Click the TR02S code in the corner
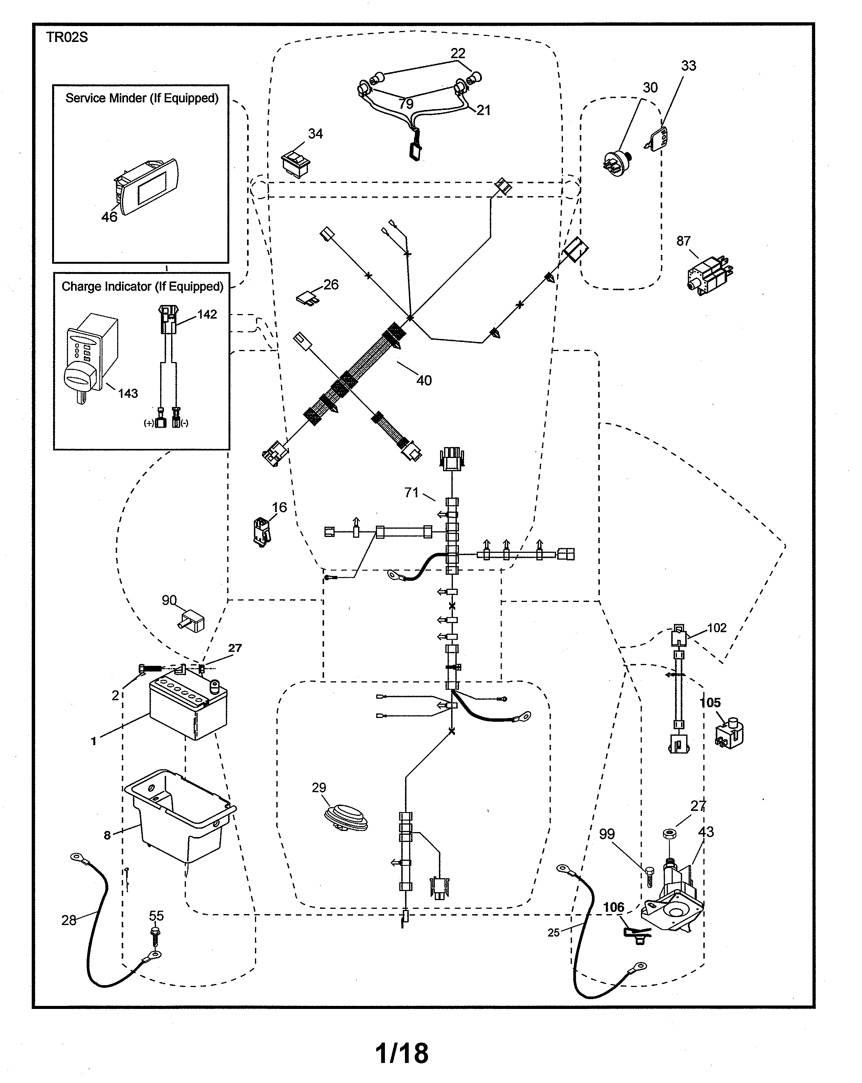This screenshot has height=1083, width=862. coord(67,38)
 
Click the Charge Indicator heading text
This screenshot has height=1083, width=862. coord(142,286)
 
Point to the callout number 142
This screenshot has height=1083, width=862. coord(207,314)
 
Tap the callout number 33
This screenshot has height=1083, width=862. coord(688,66)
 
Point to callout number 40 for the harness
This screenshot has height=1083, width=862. coord(424,380)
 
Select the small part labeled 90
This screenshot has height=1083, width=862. coord(191,621)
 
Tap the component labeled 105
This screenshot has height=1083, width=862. coord(729,735)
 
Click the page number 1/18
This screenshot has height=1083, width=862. coord(402,1053)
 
